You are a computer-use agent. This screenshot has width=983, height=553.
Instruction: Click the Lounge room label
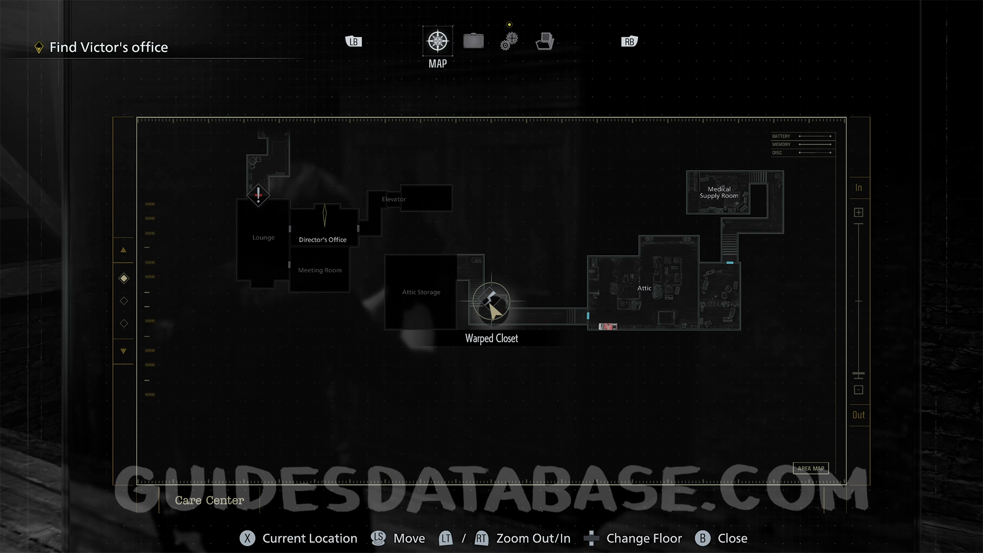click(x=263, y=238)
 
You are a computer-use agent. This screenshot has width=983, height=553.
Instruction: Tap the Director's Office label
click(x=323, y=240)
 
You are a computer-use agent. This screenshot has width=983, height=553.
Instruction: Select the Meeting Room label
click(x=319, y=270)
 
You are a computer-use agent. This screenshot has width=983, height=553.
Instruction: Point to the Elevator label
click(x=394, y=199)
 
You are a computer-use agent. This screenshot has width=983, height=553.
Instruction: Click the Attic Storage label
click(x=421, y=292)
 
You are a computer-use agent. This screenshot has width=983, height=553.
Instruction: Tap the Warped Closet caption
click(x=491, y=338)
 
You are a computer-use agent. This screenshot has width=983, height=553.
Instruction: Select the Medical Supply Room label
click(x=719, y=193)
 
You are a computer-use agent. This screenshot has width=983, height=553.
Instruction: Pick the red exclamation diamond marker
click(x=258, y=195)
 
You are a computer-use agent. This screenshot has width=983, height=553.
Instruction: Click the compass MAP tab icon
click(x=438, y=41)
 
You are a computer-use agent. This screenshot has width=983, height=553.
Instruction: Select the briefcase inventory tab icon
click(x=474, y=41)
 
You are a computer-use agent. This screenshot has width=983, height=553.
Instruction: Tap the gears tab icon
click(x=509, y=41)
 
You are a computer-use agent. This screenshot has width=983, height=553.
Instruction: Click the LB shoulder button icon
click(x=354, y=41)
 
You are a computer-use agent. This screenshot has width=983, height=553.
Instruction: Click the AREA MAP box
click(x=810, y=469)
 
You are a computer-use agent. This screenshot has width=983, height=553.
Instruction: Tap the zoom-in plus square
click(x=859, y=212)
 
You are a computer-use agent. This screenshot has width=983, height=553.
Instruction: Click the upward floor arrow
click(x=123, y=250)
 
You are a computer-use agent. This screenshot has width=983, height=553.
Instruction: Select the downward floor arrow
click(x=123, y=351)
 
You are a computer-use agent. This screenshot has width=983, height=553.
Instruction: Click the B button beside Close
click(x=702, y=538)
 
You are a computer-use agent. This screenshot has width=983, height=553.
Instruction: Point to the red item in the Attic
click(x=608, y=326)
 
